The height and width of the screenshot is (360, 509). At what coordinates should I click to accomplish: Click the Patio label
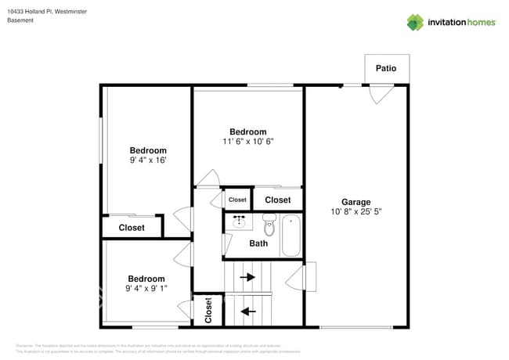point(386,68)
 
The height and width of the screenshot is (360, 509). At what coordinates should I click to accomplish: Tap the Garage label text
point(356,201)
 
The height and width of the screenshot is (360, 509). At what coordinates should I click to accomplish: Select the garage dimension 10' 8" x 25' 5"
point(356,211)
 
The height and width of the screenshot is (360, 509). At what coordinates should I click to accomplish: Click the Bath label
point(258,243)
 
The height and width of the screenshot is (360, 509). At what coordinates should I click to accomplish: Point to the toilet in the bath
point(269,226)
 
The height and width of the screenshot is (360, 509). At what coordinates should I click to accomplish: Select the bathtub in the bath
point(291,234)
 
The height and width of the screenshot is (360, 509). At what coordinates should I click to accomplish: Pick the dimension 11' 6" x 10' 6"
point(247,142)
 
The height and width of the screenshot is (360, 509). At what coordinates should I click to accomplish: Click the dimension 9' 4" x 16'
point(148,160)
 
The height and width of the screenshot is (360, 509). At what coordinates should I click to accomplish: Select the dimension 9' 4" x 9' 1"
point(146,289)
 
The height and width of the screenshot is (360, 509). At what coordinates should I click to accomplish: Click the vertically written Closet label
point(209,311)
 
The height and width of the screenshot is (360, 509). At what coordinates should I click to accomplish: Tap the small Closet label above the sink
point(237,200)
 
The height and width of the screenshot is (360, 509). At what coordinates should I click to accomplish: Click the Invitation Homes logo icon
point(415,22)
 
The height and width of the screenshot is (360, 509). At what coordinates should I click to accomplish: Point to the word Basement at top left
point(20,20)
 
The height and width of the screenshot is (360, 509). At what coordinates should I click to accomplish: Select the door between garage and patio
point(378,94)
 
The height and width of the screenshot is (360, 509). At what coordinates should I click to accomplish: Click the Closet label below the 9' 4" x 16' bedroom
point(132,228)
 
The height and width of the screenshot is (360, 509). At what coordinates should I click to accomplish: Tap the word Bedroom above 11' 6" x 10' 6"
point(247,131)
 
